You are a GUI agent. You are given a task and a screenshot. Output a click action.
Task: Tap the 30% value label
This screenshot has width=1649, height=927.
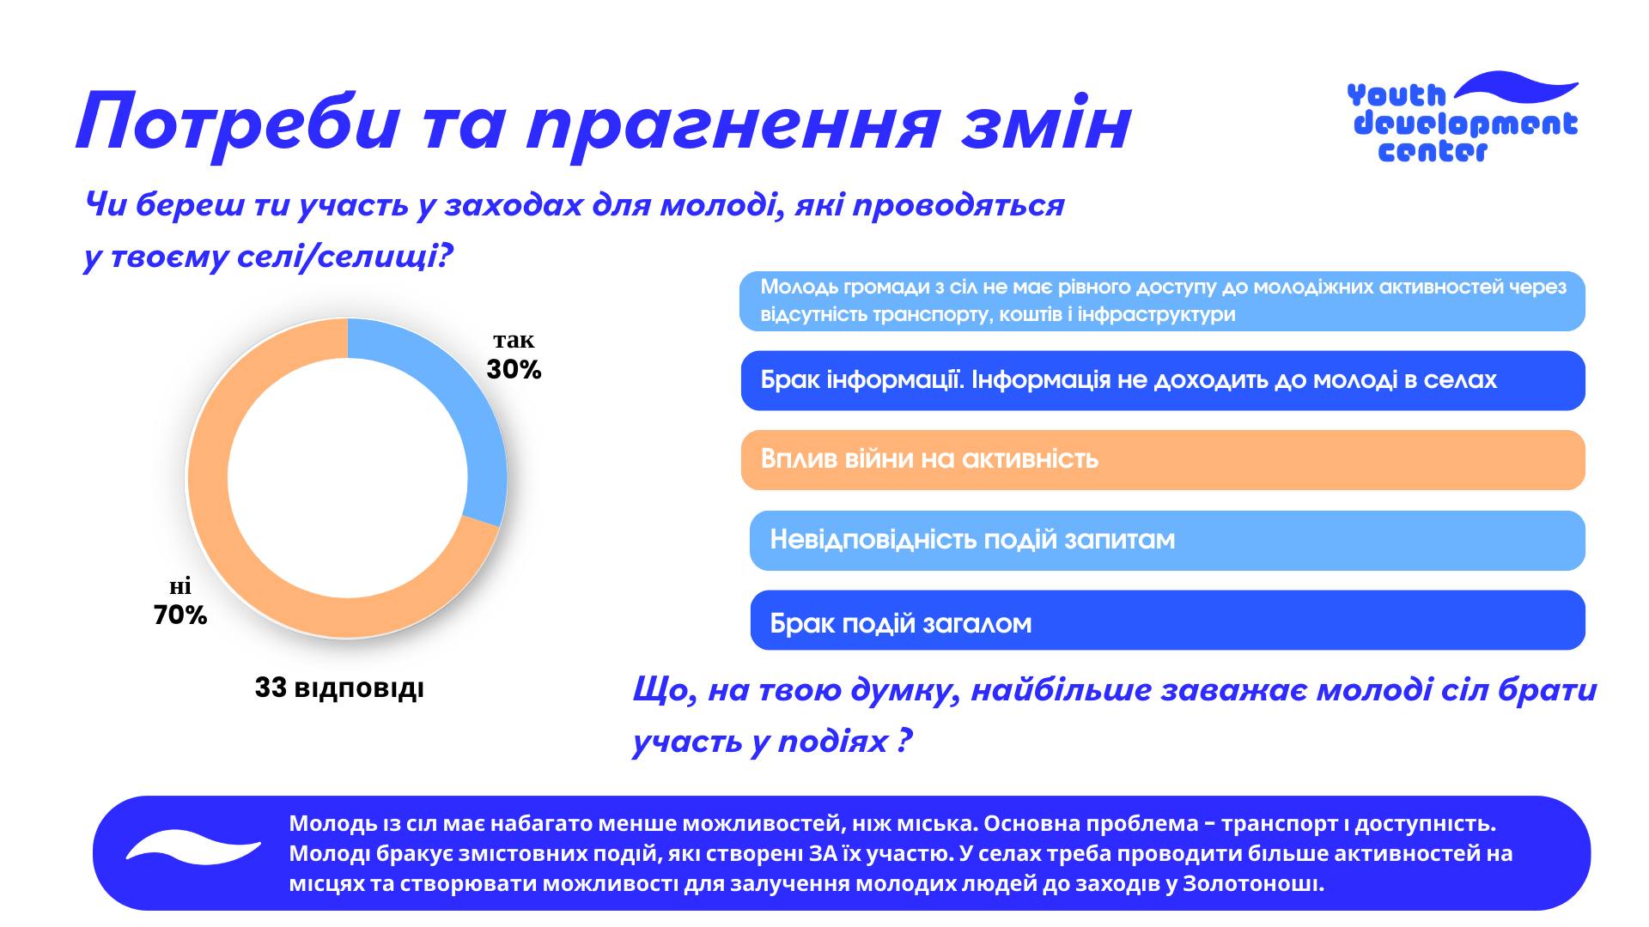tap(514, 370)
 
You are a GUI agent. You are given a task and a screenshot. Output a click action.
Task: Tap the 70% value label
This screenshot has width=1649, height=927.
tap(180, 615)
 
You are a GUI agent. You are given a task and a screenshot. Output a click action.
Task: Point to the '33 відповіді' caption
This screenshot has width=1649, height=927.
tap(339, 688)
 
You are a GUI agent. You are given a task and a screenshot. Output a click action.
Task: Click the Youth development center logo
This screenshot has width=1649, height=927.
tap(1463, 118)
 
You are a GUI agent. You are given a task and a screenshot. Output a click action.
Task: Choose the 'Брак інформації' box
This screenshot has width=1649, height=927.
tap(1163, 380)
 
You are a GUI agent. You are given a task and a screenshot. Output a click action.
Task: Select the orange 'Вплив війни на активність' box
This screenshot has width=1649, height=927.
tap(1163, 460)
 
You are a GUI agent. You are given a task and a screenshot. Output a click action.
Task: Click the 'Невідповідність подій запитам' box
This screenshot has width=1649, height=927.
tap(1167, 540)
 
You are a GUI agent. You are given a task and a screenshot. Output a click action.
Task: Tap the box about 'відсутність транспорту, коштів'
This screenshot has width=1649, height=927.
tap(1162, 301)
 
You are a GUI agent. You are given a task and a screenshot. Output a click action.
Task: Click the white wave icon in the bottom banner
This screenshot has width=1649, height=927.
tap(193, 847)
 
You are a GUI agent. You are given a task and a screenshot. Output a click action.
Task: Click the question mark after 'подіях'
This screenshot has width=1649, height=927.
tap(903, 741)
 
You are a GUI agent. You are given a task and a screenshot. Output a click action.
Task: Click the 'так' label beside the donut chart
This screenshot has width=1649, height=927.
tap(514, 341)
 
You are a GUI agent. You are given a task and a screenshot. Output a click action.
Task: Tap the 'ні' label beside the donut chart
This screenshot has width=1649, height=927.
tap(180, 587)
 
